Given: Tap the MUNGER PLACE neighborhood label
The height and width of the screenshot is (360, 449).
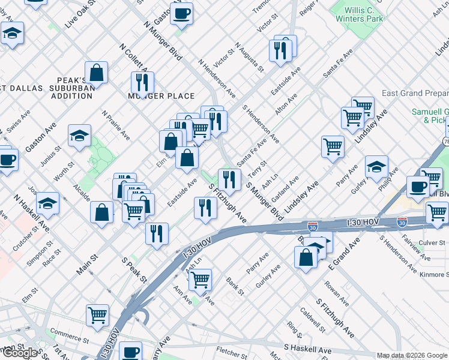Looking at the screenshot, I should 161,96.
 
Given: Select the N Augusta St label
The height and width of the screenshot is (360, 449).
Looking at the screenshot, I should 250,57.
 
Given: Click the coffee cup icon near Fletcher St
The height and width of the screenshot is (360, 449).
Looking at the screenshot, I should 130,352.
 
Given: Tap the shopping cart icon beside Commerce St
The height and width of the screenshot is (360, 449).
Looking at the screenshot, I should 97,314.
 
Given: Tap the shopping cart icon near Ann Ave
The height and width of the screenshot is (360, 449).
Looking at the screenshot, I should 200,279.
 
